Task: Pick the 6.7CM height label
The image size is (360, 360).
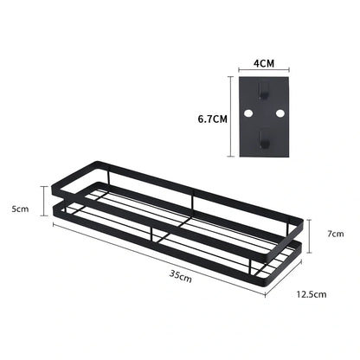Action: pyautogui.click(x=210, y=119)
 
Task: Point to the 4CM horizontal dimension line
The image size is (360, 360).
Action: pyautogui.click(x=264, y=72)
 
